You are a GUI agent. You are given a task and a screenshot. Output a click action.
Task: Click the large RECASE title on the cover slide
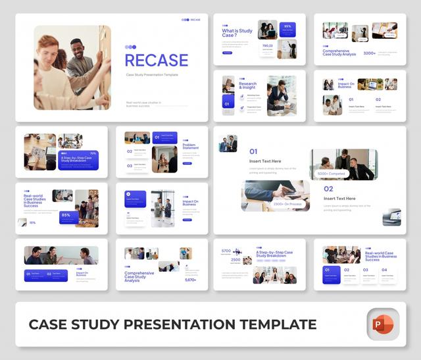pyautogui.click(x=157, y=61)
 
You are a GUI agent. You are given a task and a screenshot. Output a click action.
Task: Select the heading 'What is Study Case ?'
pyautogui.click(x=237, y=34)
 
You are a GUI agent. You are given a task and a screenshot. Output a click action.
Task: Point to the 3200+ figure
pyautogui.click(x=370, y=53)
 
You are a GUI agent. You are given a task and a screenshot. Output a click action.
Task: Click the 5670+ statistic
pyautogui.click(x=190, y=279)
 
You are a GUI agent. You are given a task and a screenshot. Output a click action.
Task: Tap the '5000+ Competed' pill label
pyautogui.click(x=332, y=174)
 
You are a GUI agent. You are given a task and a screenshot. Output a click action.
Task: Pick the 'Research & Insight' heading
pyautogui.click(x=248, y=86)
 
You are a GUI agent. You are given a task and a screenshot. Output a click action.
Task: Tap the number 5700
pyautogui.click(x=226, y=251)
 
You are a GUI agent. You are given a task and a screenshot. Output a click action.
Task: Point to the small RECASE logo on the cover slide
pyautogui.click(x=191, y=20)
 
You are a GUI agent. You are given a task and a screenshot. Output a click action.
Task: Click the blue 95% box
pyautogui.click(x=287, y=28)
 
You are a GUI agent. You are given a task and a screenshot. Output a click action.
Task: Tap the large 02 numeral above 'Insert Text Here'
pyautogui.click(x=328, y=189)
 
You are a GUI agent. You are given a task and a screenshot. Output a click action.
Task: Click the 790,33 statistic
pyautogui.click(x=267, y=46)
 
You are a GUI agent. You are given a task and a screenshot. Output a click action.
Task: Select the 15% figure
pyautogui.click(x=32, y=222)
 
